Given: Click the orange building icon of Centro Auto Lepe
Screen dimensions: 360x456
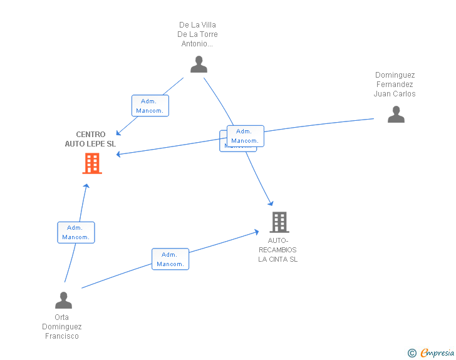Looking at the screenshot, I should [x=92, y=163].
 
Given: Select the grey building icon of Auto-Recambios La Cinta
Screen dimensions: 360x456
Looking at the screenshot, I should [x=279, y=222].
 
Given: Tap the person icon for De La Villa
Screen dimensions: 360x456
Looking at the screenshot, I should [x=199, y=64].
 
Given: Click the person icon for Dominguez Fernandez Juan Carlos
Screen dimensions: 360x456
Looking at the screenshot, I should [x=396, y=115].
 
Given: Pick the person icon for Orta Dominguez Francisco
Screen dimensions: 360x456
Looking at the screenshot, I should [x=63, y=301].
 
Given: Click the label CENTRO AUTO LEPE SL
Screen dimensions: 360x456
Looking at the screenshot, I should [x=91, y=139].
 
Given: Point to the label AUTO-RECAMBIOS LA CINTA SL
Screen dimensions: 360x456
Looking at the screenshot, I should [x=278, y=250].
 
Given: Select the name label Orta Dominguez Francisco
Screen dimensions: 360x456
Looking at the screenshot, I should [x=62, y=326].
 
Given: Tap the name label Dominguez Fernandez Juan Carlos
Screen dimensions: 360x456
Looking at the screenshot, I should [x=395, y=85].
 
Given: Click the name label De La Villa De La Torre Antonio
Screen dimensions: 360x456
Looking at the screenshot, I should [x=199, y=34].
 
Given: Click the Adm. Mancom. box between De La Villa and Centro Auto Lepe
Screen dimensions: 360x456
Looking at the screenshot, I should [x=150, y=106].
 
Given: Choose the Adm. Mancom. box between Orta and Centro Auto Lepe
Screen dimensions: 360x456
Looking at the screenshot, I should [x=76, y=232].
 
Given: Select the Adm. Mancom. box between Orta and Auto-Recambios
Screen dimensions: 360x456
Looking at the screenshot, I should [x=170, y=259].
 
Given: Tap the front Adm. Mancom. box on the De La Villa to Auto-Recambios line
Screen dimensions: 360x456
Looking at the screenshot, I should [x=245, y=136].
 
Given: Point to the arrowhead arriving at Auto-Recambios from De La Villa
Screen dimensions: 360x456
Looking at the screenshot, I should [x=271, y=202].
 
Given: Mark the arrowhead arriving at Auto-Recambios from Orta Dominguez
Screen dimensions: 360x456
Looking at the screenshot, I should [x=256, y=232].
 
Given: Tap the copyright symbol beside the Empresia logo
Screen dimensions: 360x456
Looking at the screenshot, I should [x=412, y=354].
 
